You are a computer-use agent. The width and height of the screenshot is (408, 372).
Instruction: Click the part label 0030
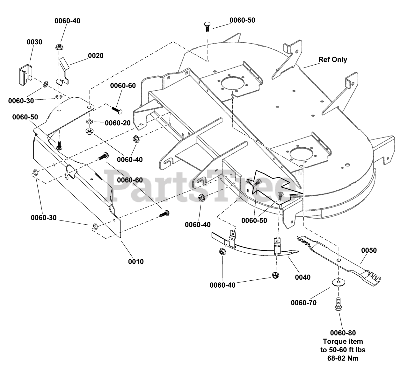click(34, 42)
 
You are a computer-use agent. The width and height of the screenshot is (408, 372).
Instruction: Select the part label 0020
click(96, 56)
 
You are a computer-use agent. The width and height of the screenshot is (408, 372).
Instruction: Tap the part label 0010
click(136, 262)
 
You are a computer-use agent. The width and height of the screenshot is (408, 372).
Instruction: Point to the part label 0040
click(302, 277)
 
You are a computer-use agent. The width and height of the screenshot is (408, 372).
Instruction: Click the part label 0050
click(369, 250)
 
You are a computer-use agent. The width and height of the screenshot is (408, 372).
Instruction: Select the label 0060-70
click(303, 303)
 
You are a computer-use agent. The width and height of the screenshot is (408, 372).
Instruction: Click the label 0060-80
click(343, 333)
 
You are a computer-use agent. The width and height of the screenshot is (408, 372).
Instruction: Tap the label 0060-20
click(118, 123)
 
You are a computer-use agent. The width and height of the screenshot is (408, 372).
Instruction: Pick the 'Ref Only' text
click(333, 60)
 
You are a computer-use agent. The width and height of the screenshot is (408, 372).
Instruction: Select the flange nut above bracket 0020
click(59, 47)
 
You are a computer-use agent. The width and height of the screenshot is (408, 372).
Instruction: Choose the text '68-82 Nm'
click(343, 358)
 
